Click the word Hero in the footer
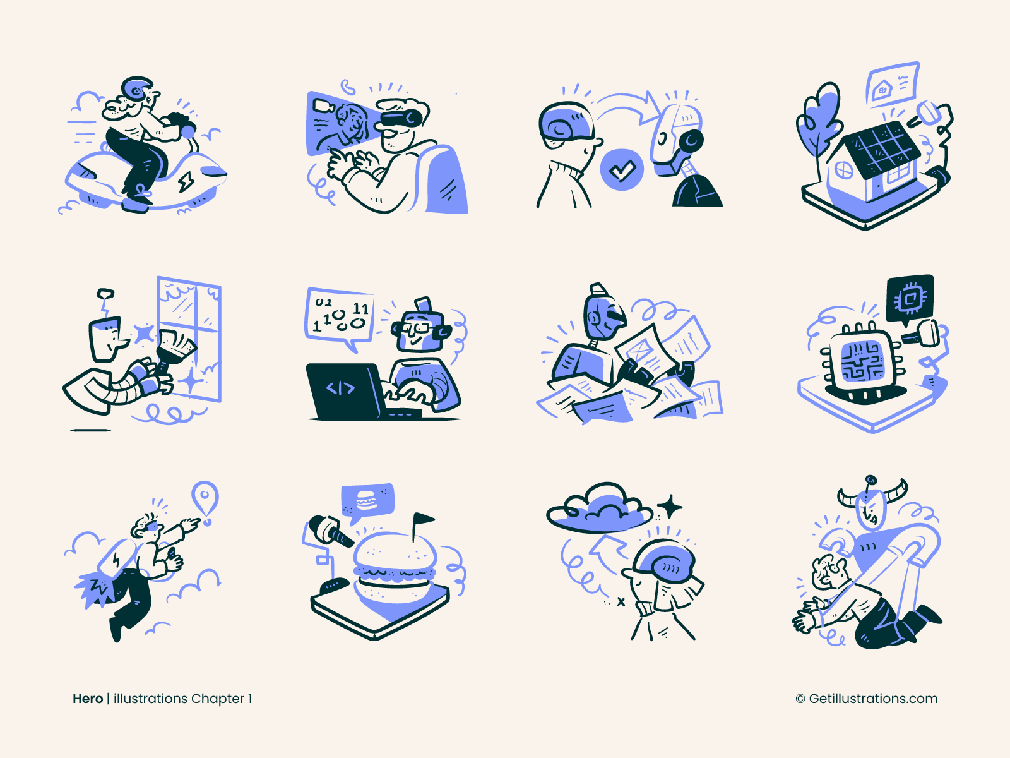(88, 699)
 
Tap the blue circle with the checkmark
(622, 169)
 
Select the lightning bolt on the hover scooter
(187, 181)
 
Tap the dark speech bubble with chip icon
(910, 298)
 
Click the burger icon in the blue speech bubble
(367, 501)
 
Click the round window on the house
(844, 170)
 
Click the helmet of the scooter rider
(137, 89)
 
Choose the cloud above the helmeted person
(598, 508)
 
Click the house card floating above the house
(893, 85)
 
